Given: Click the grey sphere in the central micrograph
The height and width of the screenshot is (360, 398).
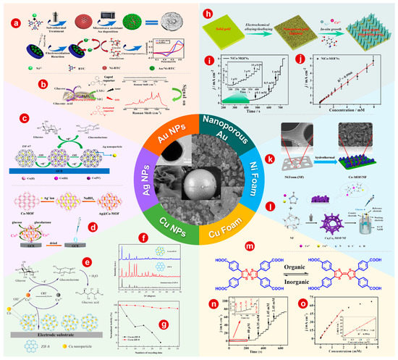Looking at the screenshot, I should (x=198, y=183).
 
